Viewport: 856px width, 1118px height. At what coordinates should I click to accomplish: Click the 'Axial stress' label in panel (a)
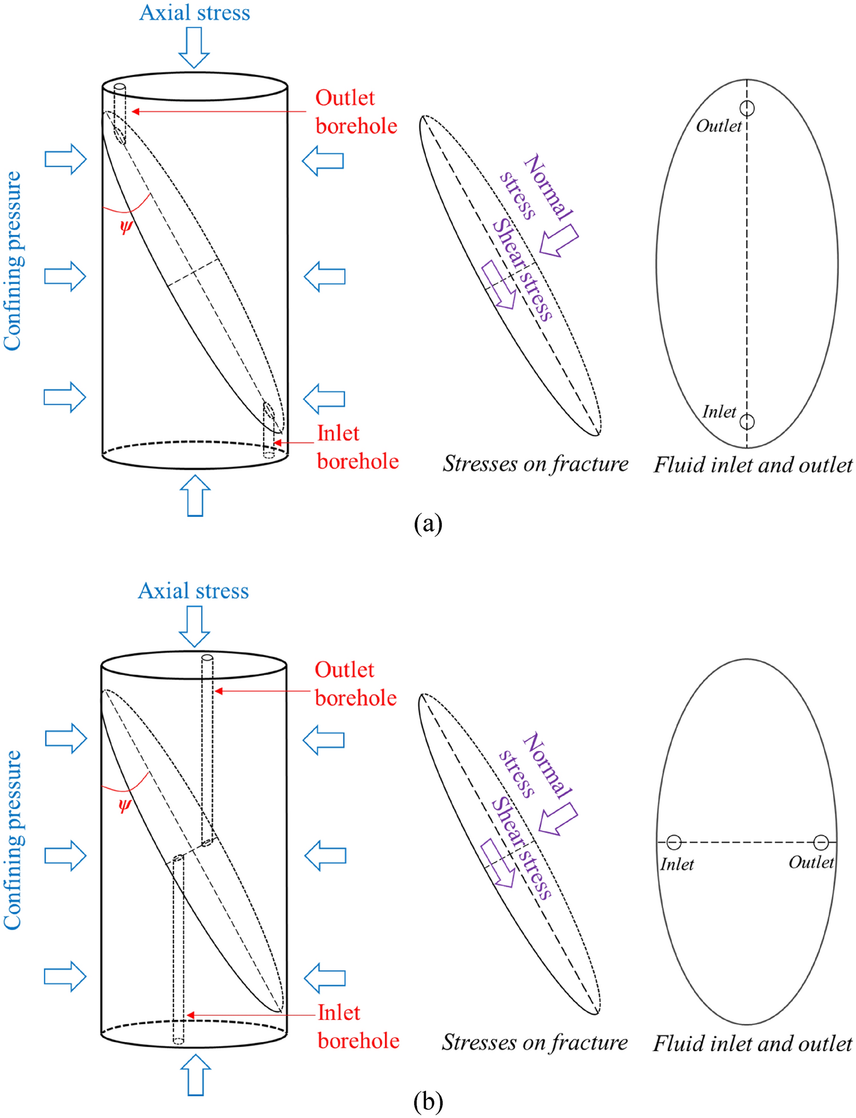[x=195, y=13]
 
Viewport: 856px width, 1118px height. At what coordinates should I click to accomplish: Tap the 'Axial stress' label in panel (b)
[x=194, y=591]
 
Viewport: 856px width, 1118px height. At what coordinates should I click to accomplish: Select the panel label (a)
[x=428, y=523]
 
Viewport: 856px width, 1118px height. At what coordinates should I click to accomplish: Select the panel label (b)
[x=428, y=1101]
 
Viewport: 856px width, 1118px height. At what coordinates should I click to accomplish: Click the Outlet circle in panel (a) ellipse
[x=747, y=108]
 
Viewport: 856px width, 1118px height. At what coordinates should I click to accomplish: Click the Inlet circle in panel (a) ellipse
[x=747, y=421]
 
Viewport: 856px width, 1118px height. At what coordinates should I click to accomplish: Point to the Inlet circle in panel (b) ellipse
[x=674, y=842]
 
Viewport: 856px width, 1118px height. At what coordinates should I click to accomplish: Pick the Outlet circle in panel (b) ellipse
[x=821, y=842]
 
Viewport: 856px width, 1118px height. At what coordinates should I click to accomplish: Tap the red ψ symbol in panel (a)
[x=126, y=227]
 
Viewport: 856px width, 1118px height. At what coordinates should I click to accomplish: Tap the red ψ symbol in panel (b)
[x=124, y=805]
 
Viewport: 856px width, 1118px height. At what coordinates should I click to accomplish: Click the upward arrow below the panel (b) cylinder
[x=196, y=1075]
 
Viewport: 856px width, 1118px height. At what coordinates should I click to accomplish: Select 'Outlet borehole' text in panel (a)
[x=356, y=112]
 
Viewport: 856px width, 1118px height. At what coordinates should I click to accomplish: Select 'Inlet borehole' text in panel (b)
[x=358, y=1027]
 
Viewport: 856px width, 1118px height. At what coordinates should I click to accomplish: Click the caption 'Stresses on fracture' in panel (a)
[x=535, y=464]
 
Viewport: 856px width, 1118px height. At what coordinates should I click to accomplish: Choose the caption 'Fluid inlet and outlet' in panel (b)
[x=752, y=1043]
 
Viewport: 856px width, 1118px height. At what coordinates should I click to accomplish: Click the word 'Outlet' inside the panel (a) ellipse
[x=718, y=126]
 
